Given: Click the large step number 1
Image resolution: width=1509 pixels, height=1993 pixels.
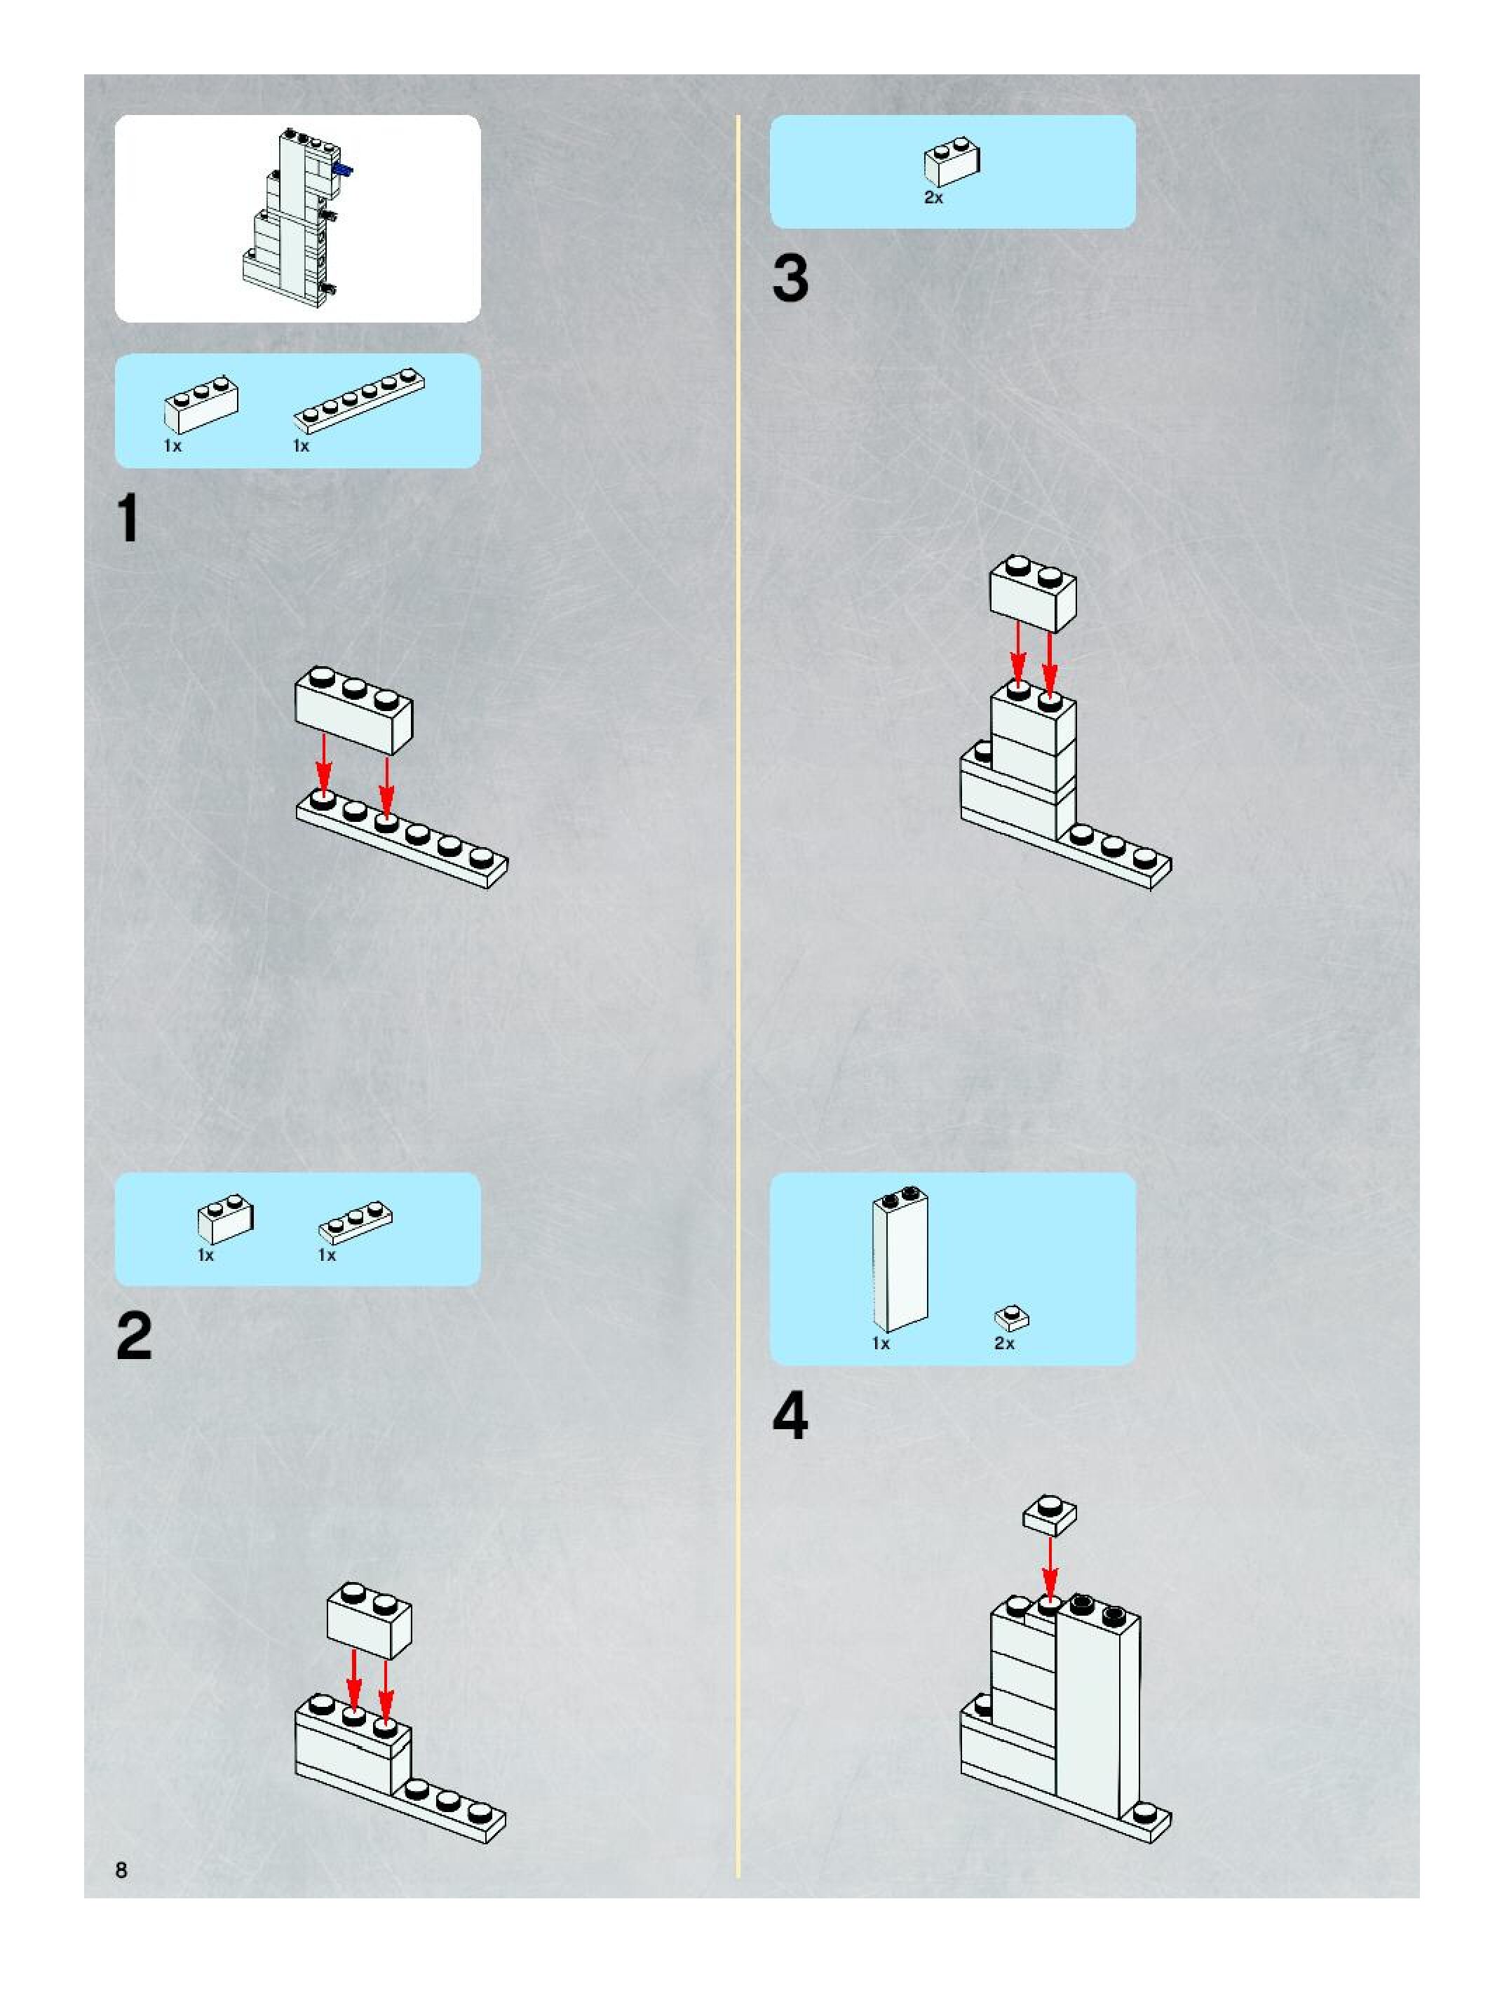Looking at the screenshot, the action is (x=129, y=519).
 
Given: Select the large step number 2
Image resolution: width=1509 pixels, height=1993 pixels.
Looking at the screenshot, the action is (x=134, y=1336).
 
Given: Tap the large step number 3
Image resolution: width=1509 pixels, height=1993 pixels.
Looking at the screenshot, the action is (x=790, y=278).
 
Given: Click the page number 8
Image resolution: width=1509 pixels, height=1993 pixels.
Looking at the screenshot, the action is (x=121, y=1870).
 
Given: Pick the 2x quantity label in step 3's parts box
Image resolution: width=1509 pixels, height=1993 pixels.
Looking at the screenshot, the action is (x=933, y=197).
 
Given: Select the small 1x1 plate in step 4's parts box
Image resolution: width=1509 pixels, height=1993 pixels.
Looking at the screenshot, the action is (x=1012, y=1318).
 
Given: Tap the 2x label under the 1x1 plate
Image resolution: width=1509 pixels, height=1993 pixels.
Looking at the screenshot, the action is (x=1003, y=1344).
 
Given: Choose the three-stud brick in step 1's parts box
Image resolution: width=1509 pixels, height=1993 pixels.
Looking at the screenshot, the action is (x=201, y=405).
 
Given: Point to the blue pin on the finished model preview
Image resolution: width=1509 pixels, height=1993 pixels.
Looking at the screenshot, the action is (x=343, y=170).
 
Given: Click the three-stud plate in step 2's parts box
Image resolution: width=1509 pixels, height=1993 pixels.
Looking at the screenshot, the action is (x=356, y=1220).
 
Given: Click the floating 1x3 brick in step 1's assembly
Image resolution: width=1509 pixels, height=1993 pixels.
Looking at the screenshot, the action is (x=354, y=710).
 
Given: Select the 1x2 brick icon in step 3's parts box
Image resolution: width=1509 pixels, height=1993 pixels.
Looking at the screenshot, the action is (x=952, y=162).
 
